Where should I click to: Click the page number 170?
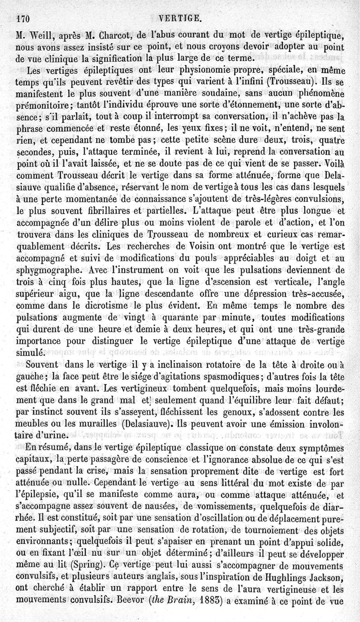pos(22,18)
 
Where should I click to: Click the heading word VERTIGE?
pos(180,18)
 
